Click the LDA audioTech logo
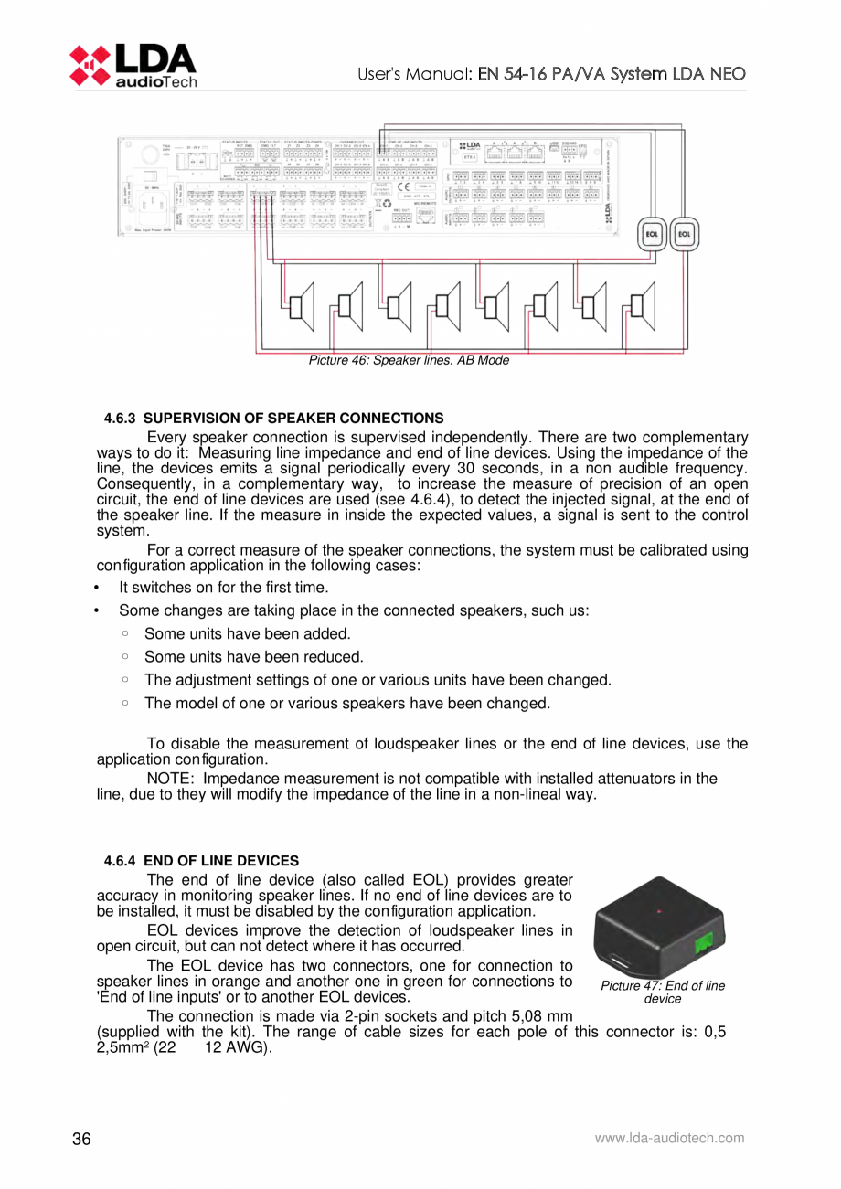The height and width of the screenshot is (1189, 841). (x=133, y=65)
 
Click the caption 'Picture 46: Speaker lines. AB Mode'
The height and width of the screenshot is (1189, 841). (x=408, y=361)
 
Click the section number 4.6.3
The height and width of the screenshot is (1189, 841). (x=119, y=419)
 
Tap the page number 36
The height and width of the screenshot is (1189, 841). (x=81, y=1139)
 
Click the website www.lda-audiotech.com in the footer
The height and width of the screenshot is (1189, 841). (x=669, y=1138)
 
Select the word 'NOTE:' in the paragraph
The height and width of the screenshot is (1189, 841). (x=171, y=779)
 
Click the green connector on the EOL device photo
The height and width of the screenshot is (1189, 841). (x=705, y=944)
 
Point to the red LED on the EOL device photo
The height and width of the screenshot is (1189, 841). (x=660, y=911)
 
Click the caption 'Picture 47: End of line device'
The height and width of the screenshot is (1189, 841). (x=663, y=992)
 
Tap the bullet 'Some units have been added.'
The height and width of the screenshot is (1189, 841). (x=247, y=633)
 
